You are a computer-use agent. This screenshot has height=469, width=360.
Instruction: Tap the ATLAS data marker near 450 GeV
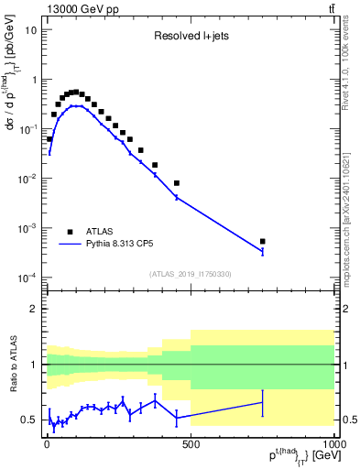pyautogui.click(x=177, y=183)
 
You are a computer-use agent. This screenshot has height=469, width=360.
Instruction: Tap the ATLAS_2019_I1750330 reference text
pyautogui.click(x=191, y=274)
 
